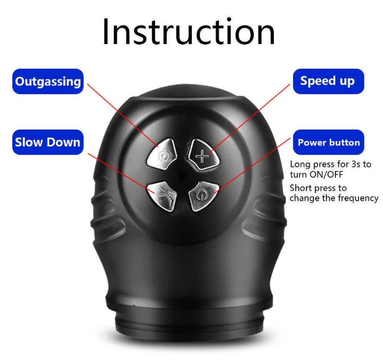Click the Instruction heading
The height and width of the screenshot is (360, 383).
point(189,32)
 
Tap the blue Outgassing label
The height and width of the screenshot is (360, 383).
point(48,81)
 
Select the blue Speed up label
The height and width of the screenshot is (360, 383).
point(328,81)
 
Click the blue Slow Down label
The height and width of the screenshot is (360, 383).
point(48,142)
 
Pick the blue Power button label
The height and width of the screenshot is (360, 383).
point(328,142)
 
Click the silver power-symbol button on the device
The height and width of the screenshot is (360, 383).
point(203,195)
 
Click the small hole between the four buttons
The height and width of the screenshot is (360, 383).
point(182,175)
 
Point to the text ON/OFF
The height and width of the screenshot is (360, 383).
point(326,175)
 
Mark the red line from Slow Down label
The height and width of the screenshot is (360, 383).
point(121,174)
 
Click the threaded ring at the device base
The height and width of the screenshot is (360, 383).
point(189,322)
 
